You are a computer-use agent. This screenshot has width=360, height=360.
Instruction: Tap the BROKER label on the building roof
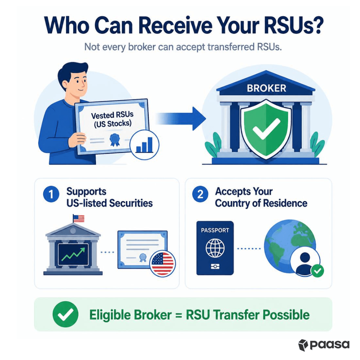pyautogui.click(x=266, y=88)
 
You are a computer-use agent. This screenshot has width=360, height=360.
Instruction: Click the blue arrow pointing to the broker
pyautogui.click(x=181, y=119)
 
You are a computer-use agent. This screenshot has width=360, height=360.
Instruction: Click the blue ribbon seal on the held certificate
pyautogui.click(x=115, y=140)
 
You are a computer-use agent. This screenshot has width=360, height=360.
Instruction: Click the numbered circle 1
pyautogui.click(x=51, y=194)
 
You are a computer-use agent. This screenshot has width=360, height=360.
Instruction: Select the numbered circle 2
pyautogui.click(x=200, y=194)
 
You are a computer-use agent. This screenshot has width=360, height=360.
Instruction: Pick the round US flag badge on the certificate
pyautogui.click(x=162, y=263)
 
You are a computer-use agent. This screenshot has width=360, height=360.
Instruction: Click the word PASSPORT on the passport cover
pyautogui.click(x=215, y=230)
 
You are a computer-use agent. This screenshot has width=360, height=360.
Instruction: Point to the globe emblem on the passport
pyautogui.click(x=215, y=248)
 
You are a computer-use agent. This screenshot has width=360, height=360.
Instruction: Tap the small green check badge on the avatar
pyautogui.click(x=317, y=271)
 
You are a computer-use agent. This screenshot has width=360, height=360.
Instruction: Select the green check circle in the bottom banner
pyautogui.click(x=65, y=314)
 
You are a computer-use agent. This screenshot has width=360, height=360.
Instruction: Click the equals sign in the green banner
pyautogui.click(x=179, y=315)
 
